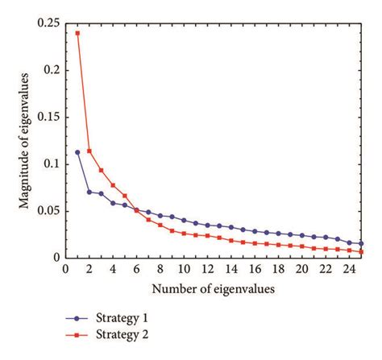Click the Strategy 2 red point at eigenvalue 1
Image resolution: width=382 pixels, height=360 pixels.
(77, 33)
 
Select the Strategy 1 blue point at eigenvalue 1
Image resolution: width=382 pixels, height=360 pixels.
(77, 152)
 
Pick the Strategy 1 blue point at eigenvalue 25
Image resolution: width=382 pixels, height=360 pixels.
(361, 243)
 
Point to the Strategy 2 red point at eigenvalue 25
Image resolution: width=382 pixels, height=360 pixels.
(361, 251)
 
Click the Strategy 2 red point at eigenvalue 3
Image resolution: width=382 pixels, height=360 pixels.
(101, 170)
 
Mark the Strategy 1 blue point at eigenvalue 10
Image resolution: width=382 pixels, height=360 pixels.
(184, 220)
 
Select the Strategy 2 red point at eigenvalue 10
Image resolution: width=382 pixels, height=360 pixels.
(184, 234)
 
